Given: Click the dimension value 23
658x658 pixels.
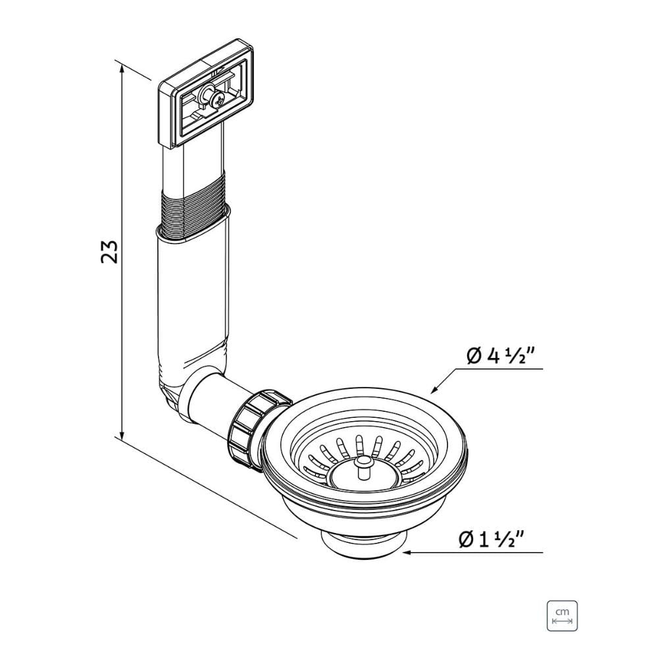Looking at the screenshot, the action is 109,252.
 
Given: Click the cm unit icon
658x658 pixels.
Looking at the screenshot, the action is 562,616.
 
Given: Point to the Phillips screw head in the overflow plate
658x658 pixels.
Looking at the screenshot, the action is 218,100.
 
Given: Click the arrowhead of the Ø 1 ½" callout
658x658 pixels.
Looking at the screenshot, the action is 407,553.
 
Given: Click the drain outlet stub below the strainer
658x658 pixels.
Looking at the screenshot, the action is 363,545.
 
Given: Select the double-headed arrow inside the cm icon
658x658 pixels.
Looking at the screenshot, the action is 562,621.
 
